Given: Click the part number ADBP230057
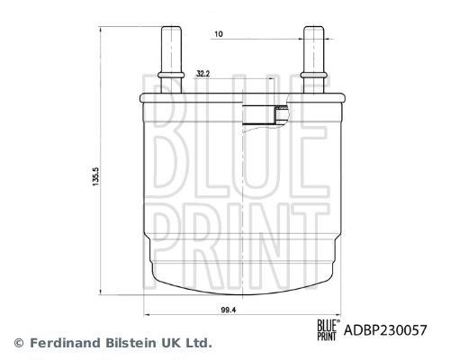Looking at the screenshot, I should tap(384, 330).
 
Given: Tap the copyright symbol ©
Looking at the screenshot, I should tap(17, 343).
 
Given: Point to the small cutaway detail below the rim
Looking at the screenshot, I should tap(267, 113).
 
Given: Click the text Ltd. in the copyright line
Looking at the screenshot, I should tap(198, 343).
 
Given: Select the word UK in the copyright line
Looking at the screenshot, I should tap(171, 343).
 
